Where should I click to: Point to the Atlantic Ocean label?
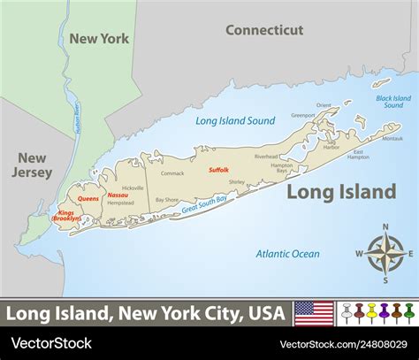(288, 253)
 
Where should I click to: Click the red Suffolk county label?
(218, 168)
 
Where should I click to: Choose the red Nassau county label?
(118, 195)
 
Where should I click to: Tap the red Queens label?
(88, 198)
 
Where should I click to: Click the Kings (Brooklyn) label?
(65, 216)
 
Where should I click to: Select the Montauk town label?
(392, 137)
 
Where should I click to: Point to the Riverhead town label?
(266, 157)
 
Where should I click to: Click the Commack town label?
(172, 173)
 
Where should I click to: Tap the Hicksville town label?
(133, 188)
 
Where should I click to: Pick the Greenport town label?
(303, 114)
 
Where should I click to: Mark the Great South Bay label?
(204, 206)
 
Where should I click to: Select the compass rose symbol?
(385, 256)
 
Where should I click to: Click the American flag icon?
(314, 313)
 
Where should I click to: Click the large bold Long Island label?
(341, 191)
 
